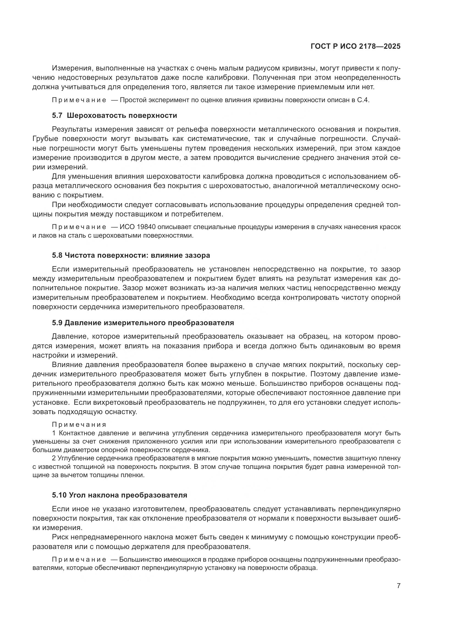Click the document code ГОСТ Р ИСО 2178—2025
[355, 47]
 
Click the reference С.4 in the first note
[363, 100]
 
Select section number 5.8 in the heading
[57, 255]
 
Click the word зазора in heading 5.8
[197, 255]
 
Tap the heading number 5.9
[57, 323]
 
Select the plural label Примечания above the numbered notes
[79, 425]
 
